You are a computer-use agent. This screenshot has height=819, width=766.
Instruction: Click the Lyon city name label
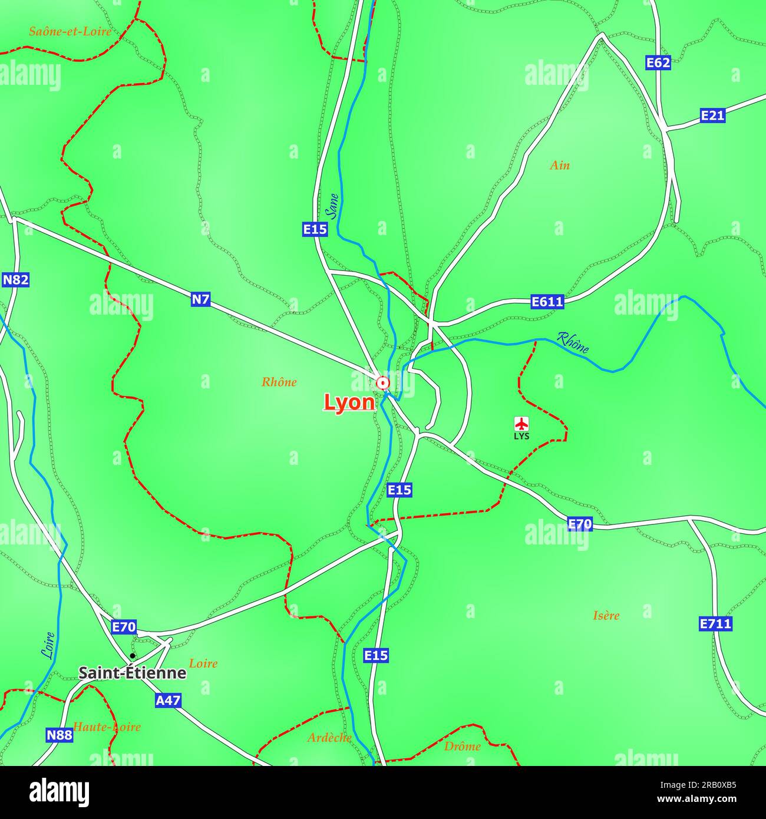click(349, 402)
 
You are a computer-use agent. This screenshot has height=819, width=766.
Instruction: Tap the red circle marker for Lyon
click(383, 384)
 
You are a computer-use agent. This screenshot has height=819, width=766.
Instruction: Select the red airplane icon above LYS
click(521, 424)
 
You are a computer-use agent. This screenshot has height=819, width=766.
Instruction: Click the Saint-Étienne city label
click(133, 673)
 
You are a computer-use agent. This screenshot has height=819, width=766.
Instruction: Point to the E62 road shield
click(658, 63)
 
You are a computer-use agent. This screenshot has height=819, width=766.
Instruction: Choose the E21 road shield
click(712, 115)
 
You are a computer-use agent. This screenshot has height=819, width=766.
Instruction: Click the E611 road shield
click(547, 302)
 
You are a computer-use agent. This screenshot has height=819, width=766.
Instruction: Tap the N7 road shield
click(200, 299)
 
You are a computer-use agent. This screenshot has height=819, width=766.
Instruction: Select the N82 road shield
click(15, 280)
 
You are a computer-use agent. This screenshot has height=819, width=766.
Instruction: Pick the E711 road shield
click(715, 623)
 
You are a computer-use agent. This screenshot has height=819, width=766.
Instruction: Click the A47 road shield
click(168, 701)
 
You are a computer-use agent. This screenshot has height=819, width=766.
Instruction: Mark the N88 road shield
click(60, 735)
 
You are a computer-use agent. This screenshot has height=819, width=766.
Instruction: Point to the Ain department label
click(560, 166)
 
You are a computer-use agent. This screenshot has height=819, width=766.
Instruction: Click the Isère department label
click(606, 616)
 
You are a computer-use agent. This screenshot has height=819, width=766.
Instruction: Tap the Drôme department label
click(463, 747)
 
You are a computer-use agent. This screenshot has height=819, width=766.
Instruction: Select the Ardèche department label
click(329, 738)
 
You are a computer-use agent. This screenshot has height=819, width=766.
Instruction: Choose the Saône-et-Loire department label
click(70, 32)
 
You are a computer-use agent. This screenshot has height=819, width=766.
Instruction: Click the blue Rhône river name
click(573, 343)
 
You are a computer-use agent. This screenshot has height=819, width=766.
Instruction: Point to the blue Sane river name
click(334, 206)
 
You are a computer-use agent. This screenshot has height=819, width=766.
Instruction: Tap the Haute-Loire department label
click(107, 727)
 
